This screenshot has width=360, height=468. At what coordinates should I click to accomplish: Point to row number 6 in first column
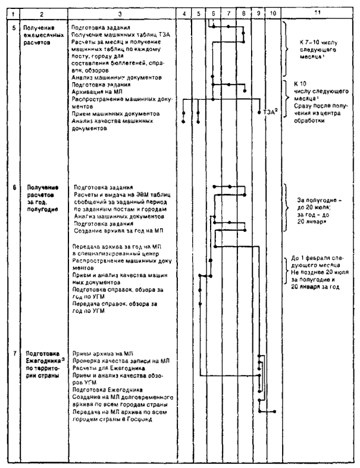(x=12, y=187)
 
